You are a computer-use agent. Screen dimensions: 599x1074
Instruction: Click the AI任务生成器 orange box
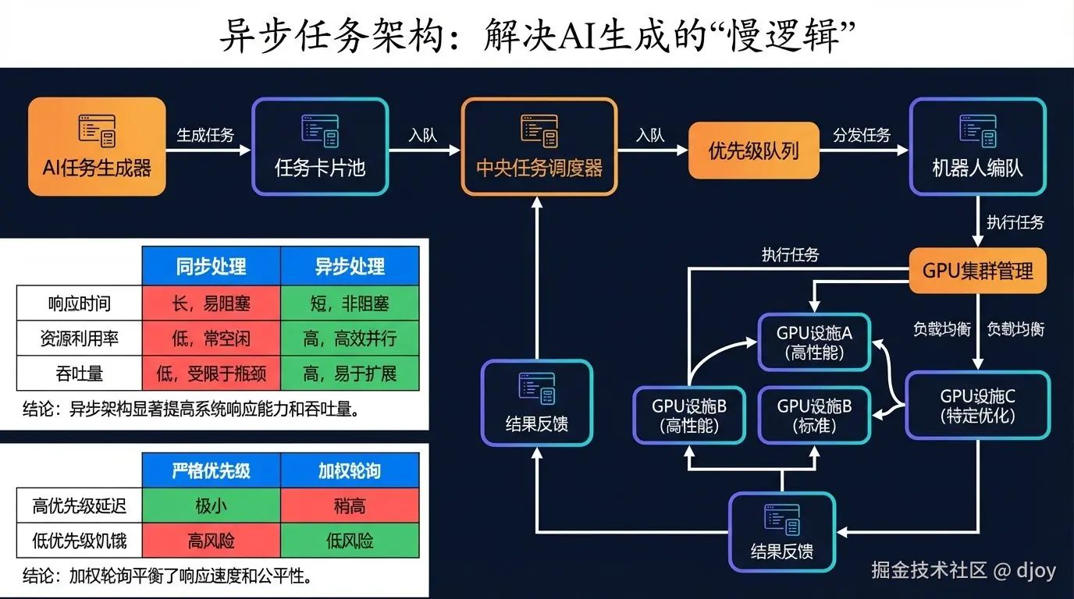pos(97,146)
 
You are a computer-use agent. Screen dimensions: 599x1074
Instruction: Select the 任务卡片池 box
pos(320,146)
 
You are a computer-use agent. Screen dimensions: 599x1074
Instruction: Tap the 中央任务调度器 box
pos(539,146)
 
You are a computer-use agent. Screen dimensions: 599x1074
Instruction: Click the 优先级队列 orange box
pos(753,151)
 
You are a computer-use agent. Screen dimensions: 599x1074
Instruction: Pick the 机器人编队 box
pos(977,146)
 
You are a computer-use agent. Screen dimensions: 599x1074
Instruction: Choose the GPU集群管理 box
pos(977,270)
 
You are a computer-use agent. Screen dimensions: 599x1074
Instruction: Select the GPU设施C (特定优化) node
pos(977,406)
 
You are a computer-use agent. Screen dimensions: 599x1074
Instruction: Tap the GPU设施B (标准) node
pos(814,415)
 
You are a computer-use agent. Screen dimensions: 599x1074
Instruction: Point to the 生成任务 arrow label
pos(205,135)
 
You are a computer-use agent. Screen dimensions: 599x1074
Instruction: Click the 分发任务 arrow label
pos(862,135)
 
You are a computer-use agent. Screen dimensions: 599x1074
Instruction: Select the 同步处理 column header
pos(211,267)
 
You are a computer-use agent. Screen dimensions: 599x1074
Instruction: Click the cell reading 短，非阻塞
pos(350,303)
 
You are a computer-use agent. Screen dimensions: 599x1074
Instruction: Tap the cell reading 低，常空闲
pos(211,338)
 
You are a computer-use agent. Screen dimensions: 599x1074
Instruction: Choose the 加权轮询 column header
pos(350,471)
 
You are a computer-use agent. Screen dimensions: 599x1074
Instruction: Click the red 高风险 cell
pos(211,541)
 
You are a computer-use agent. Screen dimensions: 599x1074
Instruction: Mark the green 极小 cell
pos(211,506)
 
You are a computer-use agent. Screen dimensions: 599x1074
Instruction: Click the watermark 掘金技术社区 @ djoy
pos(963,570)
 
